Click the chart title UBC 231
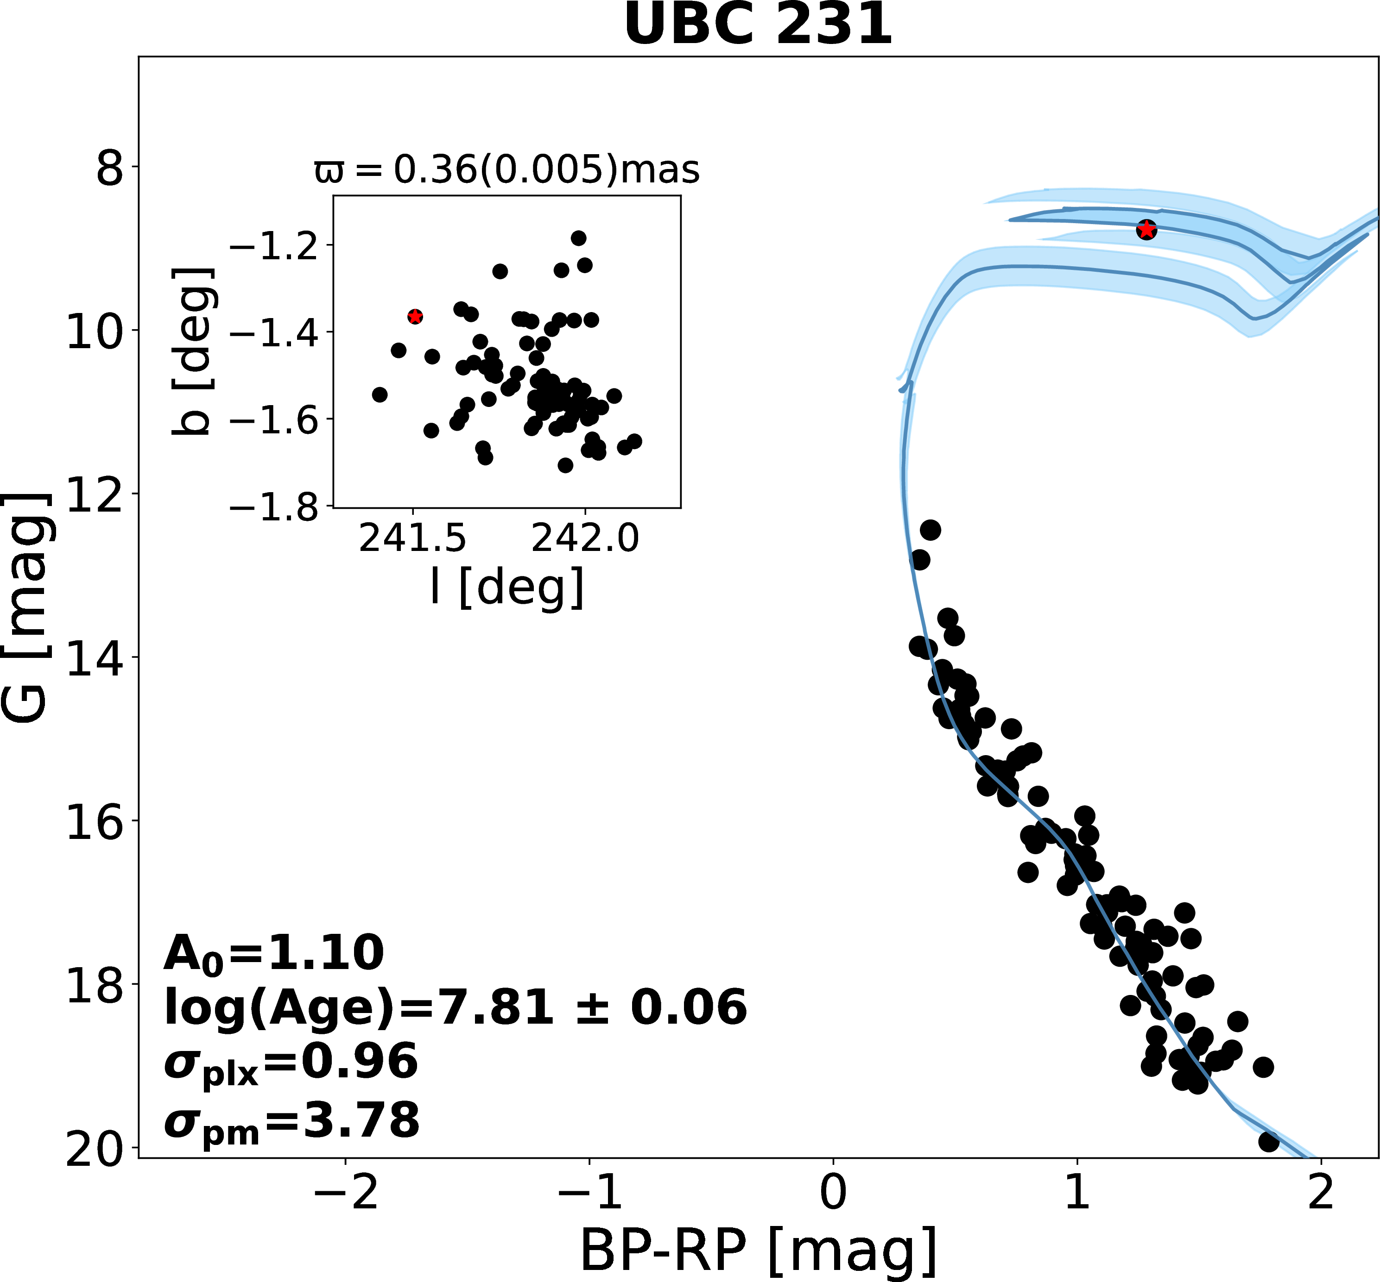(x=758, y=25)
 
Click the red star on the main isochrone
(x=1146, y=230)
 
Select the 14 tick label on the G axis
(x=93, y=657)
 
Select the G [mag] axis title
(x=26, y=608)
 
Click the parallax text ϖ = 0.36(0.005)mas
(x=507, y=170)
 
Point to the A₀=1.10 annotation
(x=273, y=953)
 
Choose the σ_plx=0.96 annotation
(x=291, y=1062)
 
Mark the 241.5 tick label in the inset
(x=412, y=538)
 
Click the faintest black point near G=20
(x=1268, y=1141)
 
